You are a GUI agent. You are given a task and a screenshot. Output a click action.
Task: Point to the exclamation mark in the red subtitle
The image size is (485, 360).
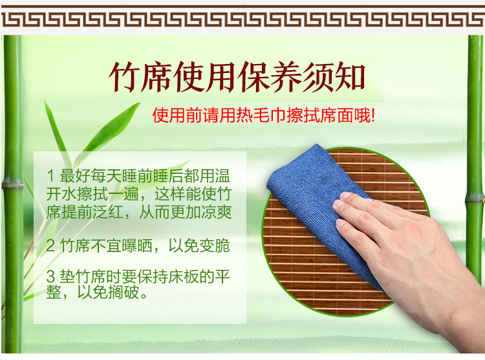click(x=373, y=117)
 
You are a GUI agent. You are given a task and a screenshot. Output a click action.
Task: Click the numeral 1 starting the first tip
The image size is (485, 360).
click(x=50, y=176)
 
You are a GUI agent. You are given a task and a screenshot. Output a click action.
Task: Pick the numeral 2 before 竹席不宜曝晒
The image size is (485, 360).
click(x=50, y=246)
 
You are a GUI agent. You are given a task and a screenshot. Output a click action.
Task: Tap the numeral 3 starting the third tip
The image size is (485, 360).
click(x=50, y=276)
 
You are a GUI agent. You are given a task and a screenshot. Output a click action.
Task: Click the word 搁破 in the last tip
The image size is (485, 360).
click(x=124, y=293)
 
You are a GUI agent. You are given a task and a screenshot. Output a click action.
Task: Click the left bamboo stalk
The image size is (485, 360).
click(x=13, y=194)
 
